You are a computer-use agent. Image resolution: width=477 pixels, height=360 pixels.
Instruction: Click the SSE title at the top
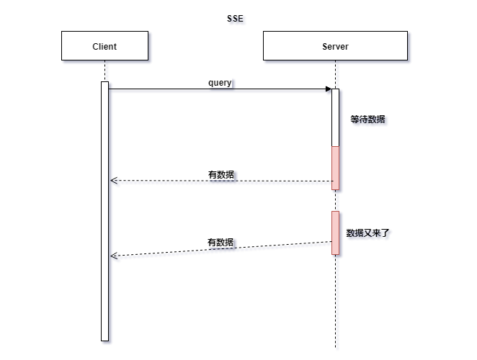(x=235, y=17)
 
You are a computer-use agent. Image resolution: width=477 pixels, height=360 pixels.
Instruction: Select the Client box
(x=104, y=46)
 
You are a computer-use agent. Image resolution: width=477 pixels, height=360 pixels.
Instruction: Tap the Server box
(x=335, y=46)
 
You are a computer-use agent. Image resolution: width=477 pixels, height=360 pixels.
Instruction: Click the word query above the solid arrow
(x=220, y=83)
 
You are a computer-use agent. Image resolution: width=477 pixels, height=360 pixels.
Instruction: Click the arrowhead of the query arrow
(x=327, y=89)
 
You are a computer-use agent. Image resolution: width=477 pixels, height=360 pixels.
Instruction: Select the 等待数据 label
(x=367, y=120)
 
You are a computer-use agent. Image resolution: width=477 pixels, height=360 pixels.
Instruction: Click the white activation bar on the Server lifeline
(x=335, y=117)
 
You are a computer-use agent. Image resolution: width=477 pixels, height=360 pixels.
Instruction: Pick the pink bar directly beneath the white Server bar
(x=335, y=168)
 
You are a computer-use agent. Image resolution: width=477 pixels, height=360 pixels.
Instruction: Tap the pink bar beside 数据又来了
(x=335, y=233)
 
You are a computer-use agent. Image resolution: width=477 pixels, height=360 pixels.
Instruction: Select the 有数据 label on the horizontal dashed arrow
(x=220, y=175)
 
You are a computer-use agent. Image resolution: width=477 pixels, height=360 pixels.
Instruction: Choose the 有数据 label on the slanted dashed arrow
(x=220, y=243)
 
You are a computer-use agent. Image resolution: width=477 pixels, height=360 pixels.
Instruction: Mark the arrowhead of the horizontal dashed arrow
(x=112, y=180)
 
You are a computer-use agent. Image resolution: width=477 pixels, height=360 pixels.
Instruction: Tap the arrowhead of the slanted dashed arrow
(x=112, y=256)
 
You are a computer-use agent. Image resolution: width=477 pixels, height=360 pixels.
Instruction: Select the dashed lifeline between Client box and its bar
(x=104, y=71)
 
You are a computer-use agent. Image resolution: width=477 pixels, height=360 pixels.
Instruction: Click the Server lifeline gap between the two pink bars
(x=335, y=200)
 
